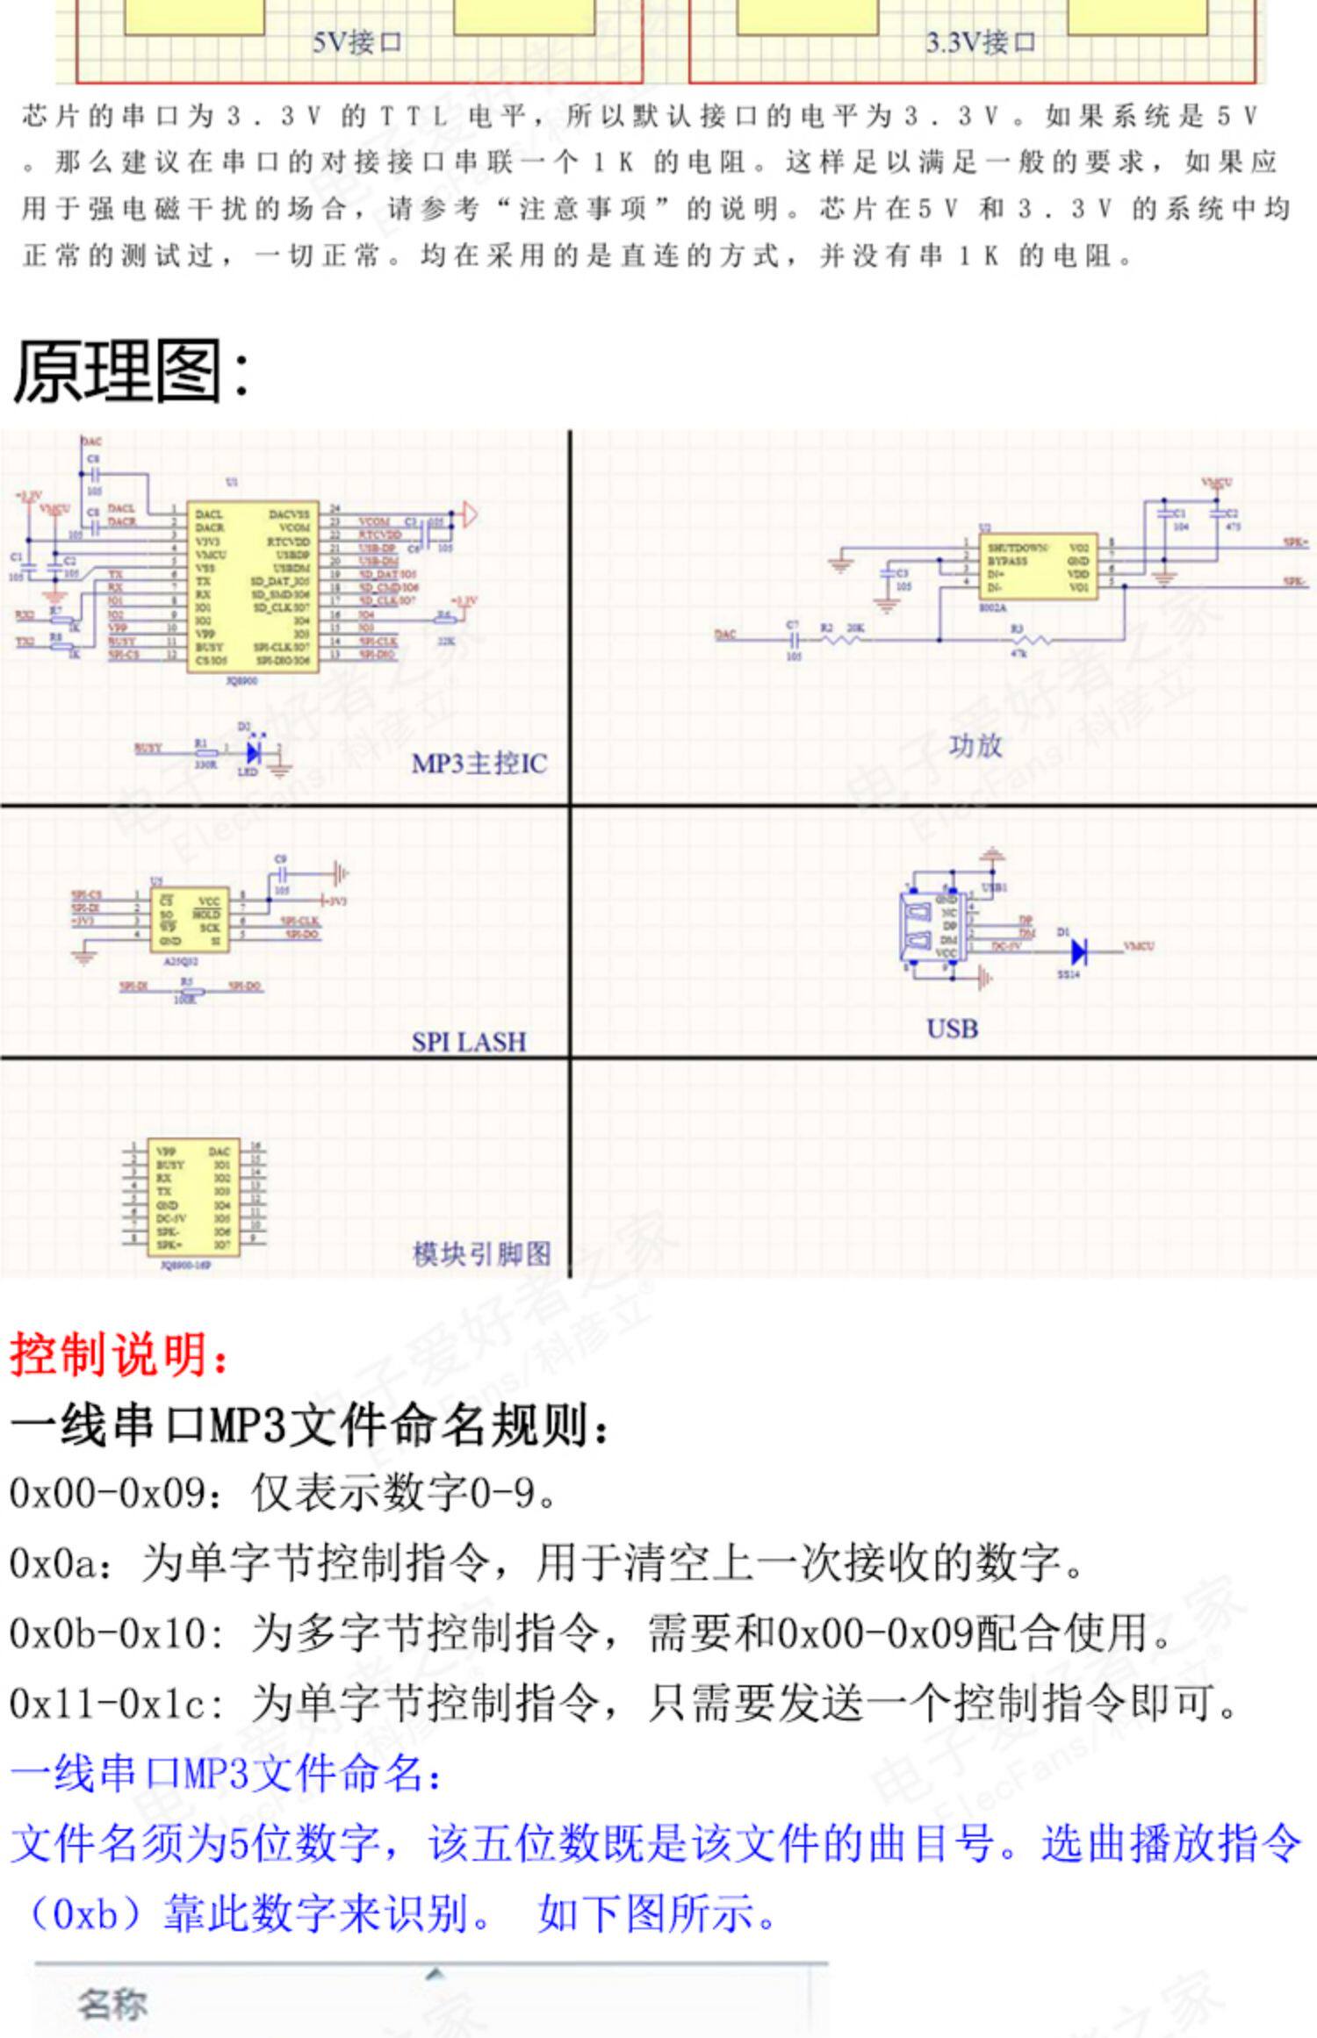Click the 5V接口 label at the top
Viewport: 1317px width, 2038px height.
point(357,42)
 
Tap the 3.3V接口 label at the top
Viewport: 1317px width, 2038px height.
point(981,42)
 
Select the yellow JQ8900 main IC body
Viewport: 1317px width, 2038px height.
point(252,585)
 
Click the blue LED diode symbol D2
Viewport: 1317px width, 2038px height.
point(255,751)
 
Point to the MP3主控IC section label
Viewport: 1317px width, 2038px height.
point(479,764)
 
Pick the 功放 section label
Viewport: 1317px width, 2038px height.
point(975,746)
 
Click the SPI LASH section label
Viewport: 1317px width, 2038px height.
point(469,1042)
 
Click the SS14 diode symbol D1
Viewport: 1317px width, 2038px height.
point(1079,951)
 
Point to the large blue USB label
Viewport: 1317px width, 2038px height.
point(953,1028)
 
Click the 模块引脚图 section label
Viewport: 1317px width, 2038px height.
point(482,1253)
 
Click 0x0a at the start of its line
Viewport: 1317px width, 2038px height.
point(53,1563)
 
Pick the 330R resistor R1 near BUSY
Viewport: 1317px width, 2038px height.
point(205,752)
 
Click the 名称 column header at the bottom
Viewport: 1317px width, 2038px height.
point(112,2005)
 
